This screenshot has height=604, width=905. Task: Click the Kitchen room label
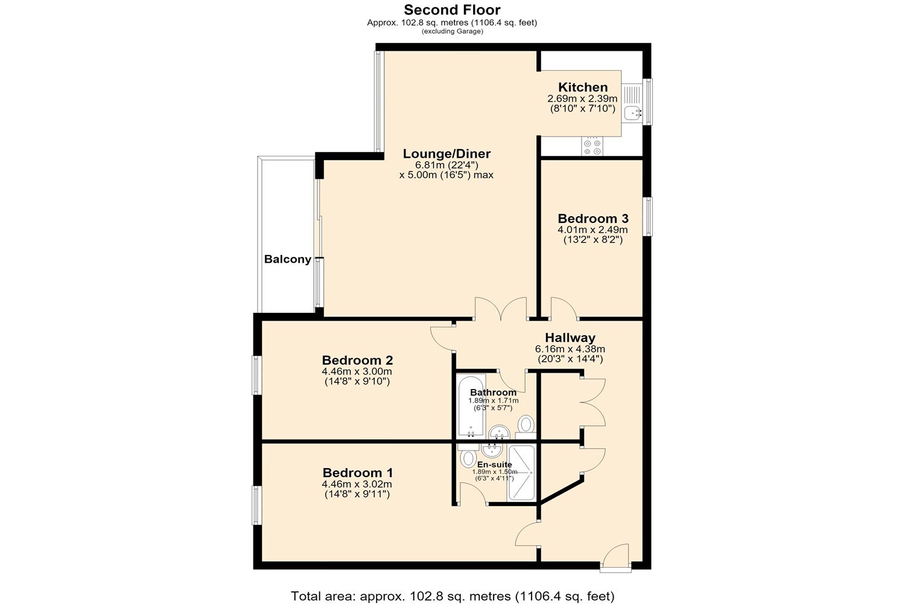tap(583, 87)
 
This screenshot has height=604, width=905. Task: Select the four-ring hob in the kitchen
tap(592, 146)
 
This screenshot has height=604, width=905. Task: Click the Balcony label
tap(288, 259)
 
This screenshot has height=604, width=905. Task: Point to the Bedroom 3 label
tap(593, 219)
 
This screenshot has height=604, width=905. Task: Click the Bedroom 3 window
tap(647, 216)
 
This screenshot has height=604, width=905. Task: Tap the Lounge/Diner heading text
tap(446, 154)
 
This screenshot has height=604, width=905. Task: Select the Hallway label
tap(570, 338)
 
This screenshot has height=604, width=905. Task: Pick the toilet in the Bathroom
tap(526, 427)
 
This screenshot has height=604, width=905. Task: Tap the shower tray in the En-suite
tap(522, 472)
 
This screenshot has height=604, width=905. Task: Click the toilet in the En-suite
tap(468, 456)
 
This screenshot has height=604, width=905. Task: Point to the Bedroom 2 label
tap(357, 360)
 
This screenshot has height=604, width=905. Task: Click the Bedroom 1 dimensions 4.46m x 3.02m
tap(357, 484)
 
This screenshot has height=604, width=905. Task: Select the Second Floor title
tap(452, 9)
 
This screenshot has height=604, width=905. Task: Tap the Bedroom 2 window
tap(257, 375)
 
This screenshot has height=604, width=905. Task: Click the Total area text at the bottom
tap(453, 596)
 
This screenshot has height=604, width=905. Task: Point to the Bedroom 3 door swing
tap(564, 308)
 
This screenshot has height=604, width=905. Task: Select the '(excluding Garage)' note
tap(453, 31)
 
